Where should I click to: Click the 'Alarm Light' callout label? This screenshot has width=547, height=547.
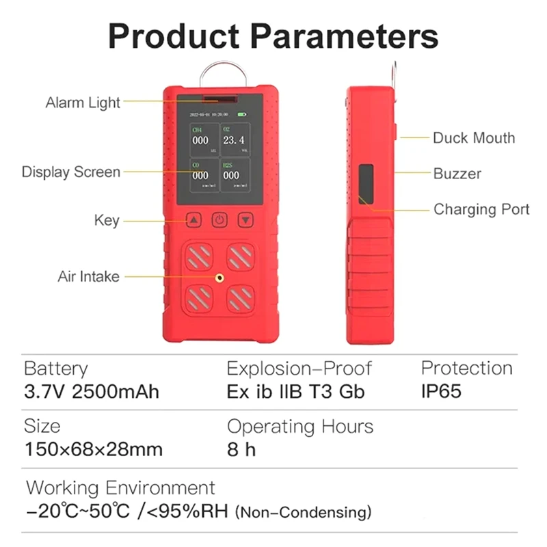(83, 103)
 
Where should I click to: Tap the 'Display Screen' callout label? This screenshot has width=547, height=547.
(71, 172)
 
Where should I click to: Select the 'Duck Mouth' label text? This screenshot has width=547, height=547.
(473, 138)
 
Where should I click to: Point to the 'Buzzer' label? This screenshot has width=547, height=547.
(457, 174)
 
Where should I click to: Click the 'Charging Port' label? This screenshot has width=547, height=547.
(481, 209)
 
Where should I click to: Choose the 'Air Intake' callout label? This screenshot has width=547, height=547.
(88, 277)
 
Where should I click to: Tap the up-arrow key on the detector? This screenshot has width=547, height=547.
(194, 220)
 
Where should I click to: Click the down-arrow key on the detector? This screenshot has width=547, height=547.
(245, 220)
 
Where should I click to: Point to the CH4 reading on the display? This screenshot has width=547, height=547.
(200, 140)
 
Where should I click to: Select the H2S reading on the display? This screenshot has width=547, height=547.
(232, 175)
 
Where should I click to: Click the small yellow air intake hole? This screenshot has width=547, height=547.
(219, 278)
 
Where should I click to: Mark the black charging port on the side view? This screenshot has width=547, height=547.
(366, 183)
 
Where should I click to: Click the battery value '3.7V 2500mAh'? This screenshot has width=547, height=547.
(92, 392)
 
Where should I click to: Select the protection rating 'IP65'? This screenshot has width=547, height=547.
(441, 392)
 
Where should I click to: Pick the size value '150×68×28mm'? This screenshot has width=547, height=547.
(93, 450)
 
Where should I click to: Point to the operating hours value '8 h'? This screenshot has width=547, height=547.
(241, 450)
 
